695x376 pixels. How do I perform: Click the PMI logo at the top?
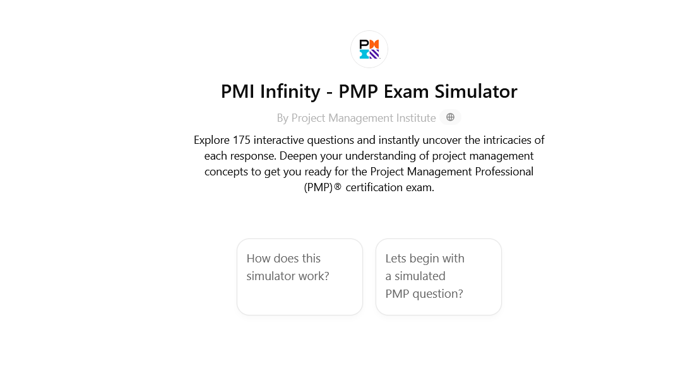pos(369,49)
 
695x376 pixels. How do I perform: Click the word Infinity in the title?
pos(290,91)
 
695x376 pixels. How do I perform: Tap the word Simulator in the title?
pos(475,91)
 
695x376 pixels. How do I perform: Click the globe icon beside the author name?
pos(450,117)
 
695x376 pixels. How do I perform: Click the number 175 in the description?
pos(242,140)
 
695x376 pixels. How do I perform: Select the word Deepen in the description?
pos(295,156)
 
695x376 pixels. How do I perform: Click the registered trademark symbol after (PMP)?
pos(338,187)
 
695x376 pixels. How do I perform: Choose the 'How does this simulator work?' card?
pos(300,277)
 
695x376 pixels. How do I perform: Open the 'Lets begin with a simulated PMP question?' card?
pos(438,277)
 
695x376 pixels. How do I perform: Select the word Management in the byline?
pos(360,118)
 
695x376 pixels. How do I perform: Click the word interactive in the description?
pos(279,140)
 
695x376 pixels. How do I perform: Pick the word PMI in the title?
pos(237,91)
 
